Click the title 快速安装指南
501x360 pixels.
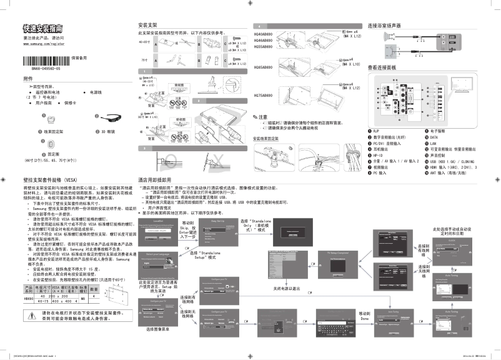42,29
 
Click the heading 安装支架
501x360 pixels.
147,24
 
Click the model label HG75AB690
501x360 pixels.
263,96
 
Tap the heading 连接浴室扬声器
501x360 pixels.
384,25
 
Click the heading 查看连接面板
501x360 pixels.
383,67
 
